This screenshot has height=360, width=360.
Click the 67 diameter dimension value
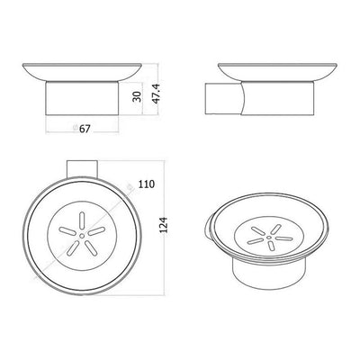(x=85, y=129)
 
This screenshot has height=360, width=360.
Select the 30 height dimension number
(x=137, y=96)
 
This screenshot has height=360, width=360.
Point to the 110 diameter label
(x=147, y=184)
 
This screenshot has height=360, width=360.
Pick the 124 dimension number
(x=163, y=225)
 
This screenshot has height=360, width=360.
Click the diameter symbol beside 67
(x=76, y=128)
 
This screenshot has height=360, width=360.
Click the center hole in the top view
(x=82, y=236)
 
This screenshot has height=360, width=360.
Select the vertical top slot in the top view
(x=81, y=220)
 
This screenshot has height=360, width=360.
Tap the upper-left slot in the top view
(x=67, y=231)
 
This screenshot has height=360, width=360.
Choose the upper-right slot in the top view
(x=96, y=231)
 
